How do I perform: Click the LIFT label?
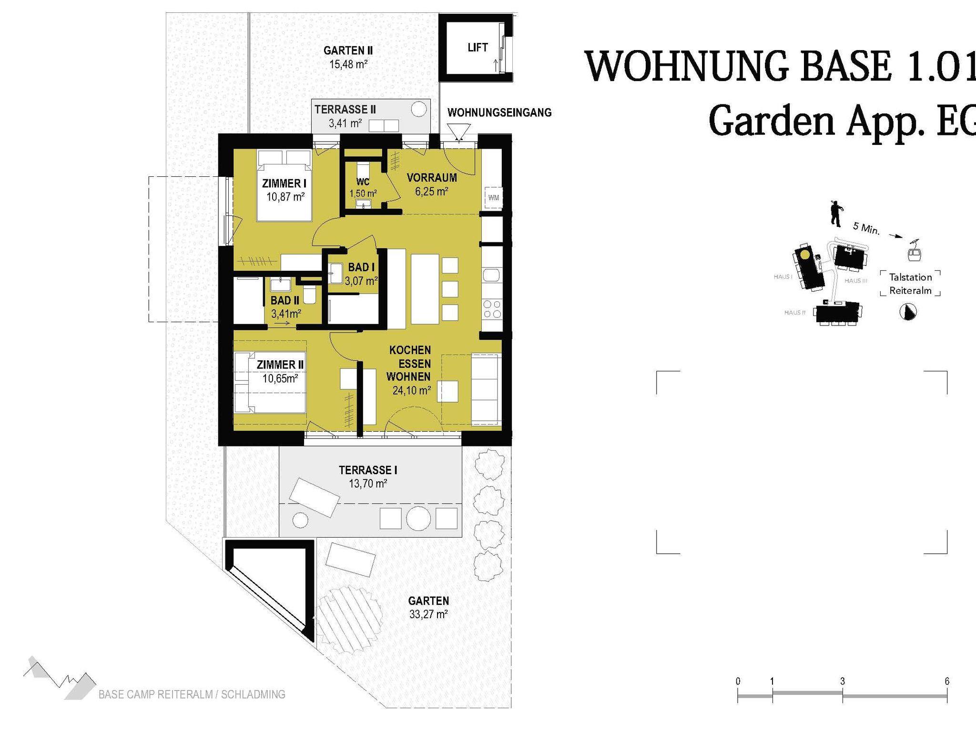[478, 48]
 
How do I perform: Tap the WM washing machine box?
[493, 197]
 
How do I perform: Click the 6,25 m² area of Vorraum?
[431, 192]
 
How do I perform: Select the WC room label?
[363, 182]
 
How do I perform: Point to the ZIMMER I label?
[285, 183]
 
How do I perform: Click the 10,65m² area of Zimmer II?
[280, 378]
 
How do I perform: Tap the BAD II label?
[285, 301]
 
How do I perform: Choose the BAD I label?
[361, 267]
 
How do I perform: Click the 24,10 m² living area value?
[412, 390]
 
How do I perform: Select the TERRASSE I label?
[368, 470]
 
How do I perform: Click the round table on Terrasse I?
[418, 518]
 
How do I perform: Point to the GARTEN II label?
[348, 51]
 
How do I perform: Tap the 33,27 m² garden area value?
[428, 614]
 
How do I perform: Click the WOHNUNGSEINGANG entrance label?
[499, 113]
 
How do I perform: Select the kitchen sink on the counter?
[491, 275]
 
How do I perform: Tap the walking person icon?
[835, 213]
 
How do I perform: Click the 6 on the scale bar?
[947, 682]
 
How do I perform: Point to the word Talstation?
[910, 277]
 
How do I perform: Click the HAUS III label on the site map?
[855, 281]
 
